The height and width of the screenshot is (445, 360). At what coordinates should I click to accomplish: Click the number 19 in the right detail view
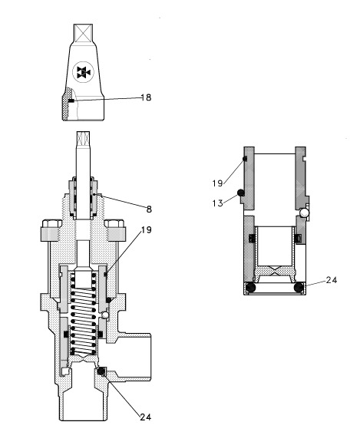(x=218, y=183)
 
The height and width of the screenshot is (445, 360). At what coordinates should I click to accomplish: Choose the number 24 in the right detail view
(x=331, y=281)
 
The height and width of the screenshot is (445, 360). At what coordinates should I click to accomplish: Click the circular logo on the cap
(x=84, y=74)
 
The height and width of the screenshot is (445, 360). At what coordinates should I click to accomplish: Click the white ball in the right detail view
(x=306, y=212)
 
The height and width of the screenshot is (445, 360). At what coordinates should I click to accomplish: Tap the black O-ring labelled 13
(x=240, y=193)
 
